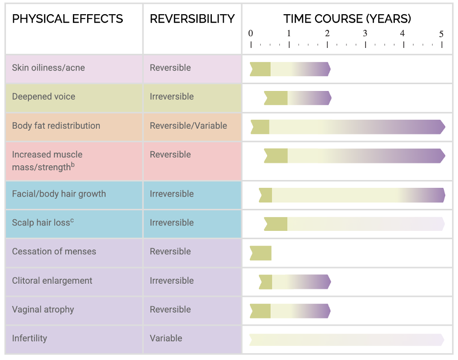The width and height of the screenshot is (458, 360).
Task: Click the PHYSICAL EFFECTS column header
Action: (x=68, y=19)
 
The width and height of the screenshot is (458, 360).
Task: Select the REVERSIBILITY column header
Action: (x=192, y=19)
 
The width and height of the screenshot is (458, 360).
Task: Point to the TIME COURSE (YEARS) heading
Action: (x=347, y=19)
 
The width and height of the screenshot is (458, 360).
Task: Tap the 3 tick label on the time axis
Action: (x=365, y=34)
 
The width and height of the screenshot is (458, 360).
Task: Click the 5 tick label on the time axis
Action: (x=441, y=34)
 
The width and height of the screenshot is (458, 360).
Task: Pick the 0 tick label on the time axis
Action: (x=251, y=34)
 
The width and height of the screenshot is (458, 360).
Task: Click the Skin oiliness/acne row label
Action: (x=48, y=67)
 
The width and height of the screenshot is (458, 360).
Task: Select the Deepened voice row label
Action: (x=44, y=96)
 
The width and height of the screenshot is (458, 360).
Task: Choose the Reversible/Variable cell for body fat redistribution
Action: (x=188, y=126)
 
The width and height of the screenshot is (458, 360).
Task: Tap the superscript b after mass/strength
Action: (x=73, y=164)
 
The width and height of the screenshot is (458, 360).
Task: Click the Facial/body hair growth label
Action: (x=59, y=194)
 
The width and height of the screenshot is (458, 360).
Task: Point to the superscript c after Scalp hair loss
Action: (x=72, y=220)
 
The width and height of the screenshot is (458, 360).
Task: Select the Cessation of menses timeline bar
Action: (x=260, y=253)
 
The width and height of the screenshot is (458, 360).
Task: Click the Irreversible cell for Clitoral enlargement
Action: (x=172, y=281)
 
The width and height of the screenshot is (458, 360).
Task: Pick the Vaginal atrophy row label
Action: (x=43, y=310)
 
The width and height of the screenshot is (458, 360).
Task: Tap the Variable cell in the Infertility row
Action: (x=166, y=338)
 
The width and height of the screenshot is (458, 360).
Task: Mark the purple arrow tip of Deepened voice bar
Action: (x=328, y=98)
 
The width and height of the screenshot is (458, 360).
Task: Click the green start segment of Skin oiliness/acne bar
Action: (x=260, y=69)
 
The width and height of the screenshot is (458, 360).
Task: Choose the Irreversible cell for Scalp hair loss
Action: (x=172, y=223)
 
